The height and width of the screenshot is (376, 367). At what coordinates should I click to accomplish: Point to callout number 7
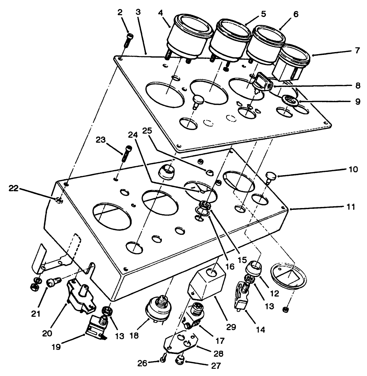pos(357,50)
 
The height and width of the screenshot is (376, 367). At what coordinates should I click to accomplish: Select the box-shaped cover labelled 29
pos(206,285)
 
